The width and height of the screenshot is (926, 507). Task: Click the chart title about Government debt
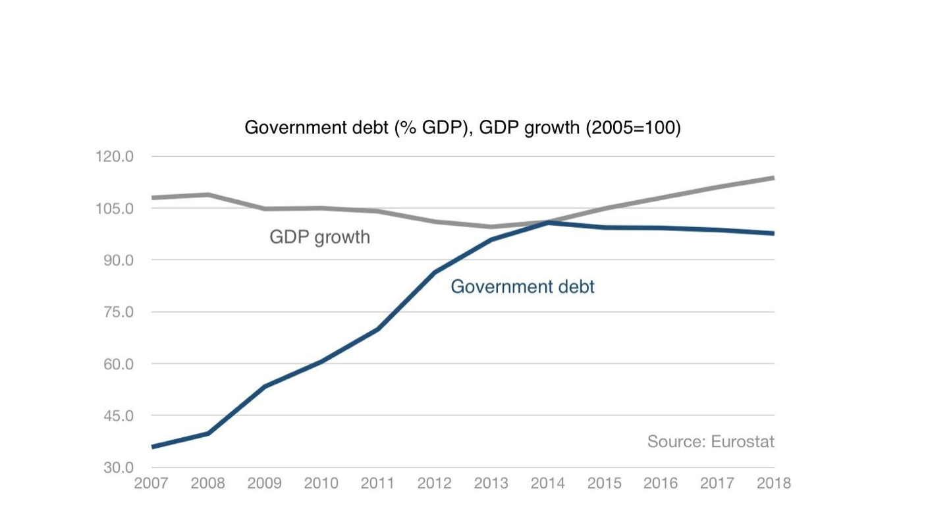462,127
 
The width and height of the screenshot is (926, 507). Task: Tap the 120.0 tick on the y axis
115,157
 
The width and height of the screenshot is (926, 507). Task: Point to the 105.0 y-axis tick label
115,209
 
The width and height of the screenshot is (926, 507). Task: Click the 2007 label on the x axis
151,483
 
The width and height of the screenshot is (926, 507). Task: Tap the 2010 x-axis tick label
321,483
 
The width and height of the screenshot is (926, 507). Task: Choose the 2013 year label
491,483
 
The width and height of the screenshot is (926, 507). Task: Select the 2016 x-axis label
661,483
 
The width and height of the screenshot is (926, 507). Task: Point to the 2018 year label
773,483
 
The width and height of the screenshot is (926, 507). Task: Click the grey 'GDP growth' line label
319,237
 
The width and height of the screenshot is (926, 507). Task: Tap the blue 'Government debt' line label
522,287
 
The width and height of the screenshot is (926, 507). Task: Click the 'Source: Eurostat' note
711,441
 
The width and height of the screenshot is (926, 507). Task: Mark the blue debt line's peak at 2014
548,223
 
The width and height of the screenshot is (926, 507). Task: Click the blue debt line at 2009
265,386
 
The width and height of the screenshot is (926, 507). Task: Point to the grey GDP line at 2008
208,195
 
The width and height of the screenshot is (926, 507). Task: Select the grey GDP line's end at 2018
773,178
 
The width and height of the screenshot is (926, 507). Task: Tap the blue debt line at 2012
435,272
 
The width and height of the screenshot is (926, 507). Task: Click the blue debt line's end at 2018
773,233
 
